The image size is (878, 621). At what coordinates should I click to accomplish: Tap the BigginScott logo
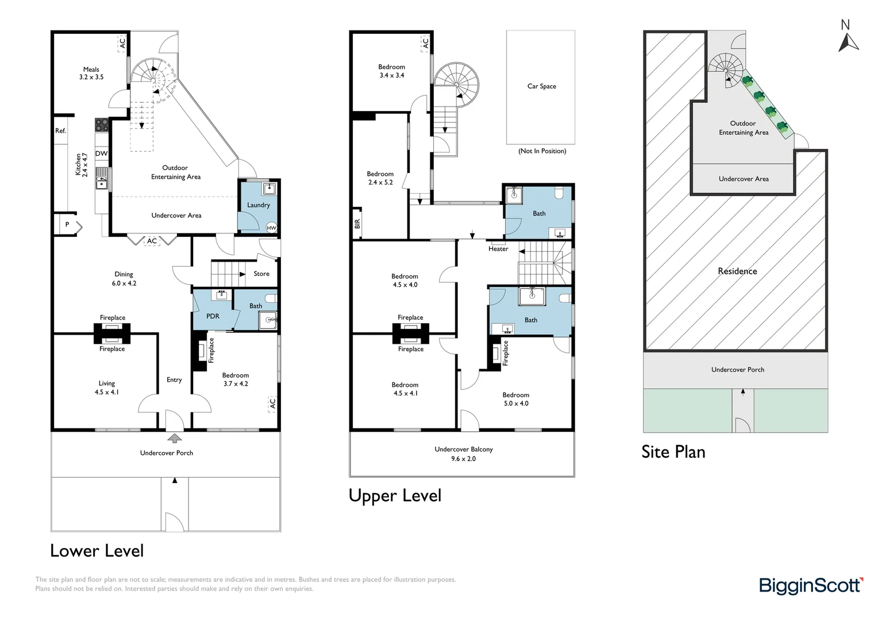click(x=811, y=586)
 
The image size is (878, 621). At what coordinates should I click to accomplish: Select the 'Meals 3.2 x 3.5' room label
click(x=91, y=73)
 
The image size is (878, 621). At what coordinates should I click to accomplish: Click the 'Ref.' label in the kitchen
click(x=61, y=131)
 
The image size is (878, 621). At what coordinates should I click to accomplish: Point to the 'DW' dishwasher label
click(x=102, y=154)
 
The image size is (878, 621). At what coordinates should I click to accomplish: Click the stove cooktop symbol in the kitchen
click(x=102, y=125)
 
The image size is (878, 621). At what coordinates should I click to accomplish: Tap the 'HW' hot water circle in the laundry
click(x=272, y=228)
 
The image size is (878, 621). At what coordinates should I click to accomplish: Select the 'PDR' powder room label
click(x=213, y=316)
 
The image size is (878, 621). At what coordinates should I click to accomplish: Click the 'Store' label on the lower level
click(x=261, y=274)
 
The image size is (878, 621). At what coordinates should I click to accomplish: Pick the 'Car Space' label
click(x=541, y=86)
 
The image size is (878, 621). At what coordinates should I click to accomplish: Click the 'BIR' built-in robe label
click(x=357, y=223)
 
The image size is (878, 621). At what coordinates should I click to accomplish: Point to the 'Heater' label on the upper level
click(x=498, y=249)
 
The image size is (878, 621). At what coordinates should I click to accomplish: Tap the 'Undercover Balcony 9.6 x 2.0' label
click(x=463, y=454)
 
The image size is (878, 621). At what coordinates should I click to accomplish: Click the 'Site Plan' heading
click(x=673, y=452)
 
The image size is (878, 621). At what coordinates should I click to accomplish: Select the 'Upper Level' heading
click(x=395, y=496)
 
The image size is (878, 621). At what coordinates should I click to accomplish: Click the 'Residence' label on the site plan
click(x=737, y=271)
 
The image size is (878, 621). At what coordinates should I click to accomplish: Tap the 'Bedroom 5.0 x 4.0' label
click(x=515, y=399)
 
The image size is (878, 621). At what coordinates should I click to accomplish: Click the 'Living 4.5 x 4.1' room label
click(x=106, y=388)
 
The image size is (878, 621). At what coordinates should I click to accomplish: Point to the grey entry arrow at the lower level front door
click(x=174, y=439)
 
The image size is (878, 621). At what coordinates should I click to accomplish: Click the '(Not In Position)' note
click(x=542, y=151)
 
